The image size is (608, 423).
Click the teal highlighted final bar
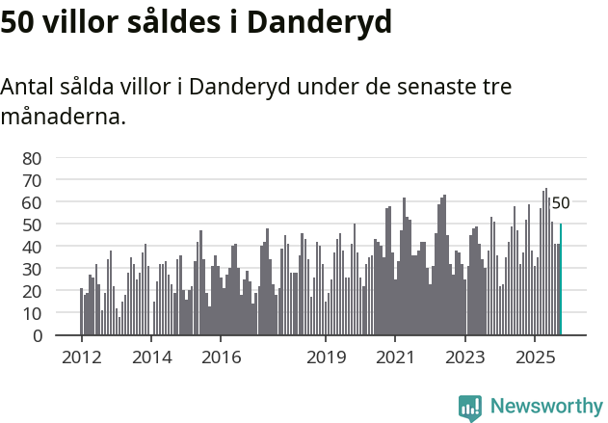coord(561,279)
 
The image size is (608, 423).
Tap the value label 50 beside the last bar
coord(561,203)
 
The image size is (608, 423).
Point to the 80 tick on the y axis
coord(32,158)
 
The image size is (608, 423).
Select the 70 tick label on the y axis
coord(32,180)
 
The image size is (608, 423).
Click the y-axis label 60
coord(32,202)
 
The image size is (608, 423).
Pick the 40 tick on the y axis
coord(32,247)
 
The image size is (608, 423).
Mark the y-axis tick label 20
coord(32,291)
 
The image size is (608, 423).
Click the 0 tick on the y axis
coord(37,335)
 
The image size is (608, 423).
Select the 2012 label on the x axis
coord(81,357)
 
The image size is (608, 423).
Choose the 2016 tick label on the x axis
coord(221,357)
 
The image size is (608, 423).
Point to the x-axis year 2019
coord(326,357)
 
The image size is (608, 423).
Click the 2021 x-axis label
coord(395,357)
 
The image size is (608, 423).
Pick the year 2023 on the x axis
coord(465,357)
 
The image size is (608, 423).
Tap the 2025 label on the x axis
coord(535,357)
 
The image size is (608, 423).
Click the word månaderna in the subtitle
coord(63,118)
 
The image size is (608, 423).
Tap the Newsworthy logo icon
coord(470,408)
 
